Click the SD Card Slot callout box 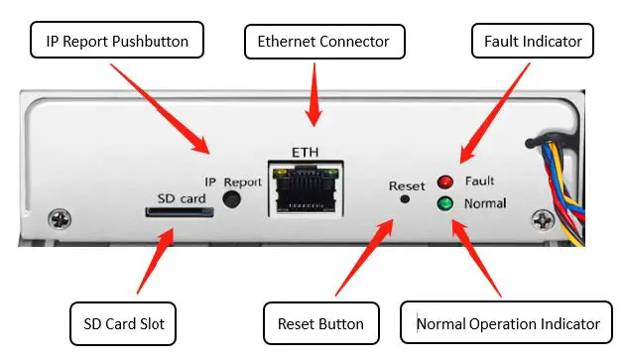pos(124,322)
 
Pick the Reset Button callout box pos(319,323)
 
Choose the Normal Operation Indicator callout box pos(507,323)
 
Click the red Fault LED pos(445,182)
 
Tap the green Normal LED pos(445,204)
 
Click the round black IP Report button pos(232,199)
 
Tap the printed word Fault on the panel pos(479,181)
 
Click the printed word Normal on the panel pos(484,204)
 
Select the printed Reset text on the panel pos(406,185)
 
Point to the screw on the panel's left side pos(62,215)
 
